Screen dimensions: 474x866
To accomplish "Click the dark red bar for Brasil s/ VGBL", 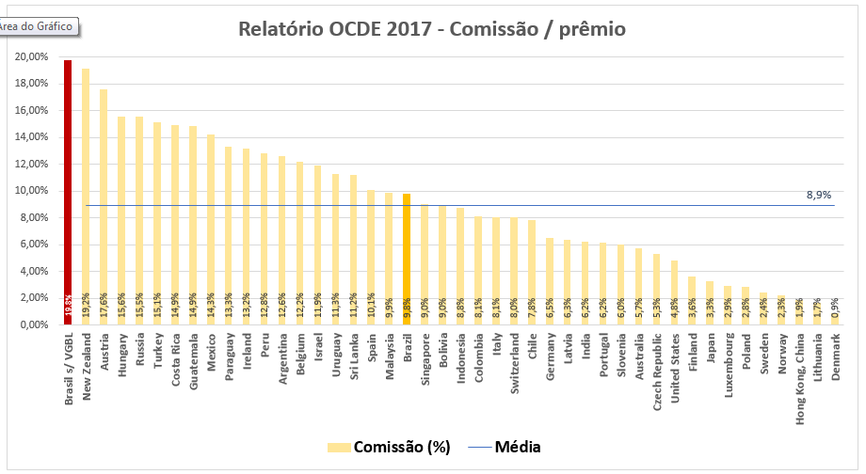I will point(68,188).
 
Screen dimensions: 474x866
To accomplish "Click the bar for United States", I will point(674,292).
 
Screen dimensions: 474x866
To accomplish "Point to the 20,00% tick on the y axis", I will point(30,56).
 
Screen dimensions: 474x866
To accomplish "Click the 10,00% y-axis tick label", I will point(30,191).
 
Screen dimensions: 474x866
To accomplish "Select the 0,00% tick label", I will point(33,325).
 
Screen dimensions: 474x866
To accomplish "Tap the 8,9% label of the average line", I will point(818,196).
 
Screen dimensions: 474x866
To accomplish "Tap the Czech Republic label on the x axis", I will point(657,369).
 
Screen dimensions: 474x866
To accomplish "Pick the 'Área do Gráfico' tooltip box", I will point(39,27).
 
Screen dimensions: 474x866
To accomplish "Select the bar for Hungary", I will point(121,216).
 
